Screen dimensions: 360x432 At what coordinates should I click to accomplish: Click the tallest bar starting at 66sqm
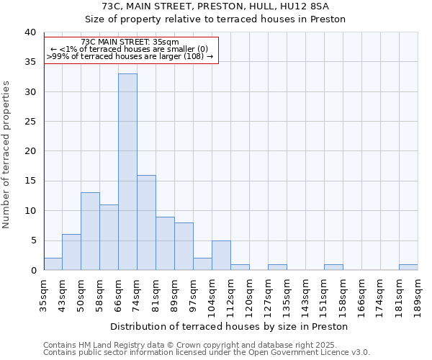127,172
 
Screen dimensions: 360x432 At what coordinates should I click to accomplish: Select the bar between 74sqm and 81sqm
146,222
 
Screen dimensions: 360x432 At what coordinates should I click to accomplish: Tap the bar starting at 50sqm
90,231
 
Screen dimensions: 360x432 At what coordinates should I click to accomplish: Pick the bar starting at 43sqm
71,252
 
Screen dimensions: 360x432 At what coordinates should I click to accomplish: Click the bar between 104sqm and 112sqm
221,255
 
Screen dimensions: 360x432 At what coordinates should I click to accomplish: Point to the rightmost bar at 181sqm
408,267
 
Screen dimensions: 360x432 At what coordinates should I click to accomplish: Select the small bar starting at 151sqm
333,267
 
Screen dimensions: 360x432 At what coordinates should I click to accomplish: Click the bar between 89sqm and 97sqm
184,246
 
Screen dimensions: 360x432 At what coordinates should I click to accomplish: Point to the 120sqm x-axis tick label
249,294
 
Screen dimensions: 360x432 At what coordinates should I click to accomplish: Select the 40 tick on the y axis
30,32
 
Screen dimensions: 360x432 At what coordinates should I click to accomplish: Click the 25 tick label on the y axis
30,122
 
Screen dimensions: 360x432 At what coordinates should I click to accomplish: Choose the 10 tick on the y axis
30,211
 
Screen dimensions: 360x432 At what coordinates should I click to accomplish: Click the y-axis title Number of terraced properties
6,154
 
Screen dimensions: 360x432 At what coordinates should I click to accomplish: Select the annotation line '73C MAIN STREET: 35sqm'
130,42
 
